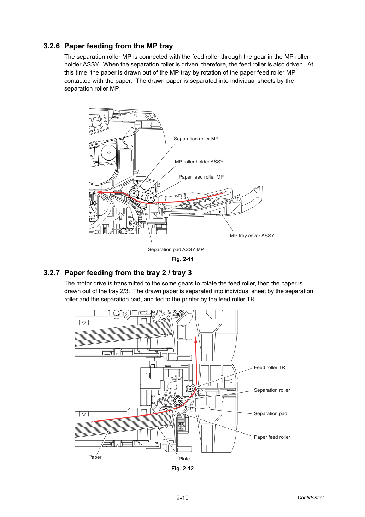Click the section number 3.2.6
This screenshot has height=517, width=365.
click(x=52, y=46)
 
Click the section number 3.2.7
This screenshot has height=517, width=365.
click(x=52, y=273)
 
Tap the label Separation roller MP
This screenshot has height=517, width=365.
click(x=196, y=139)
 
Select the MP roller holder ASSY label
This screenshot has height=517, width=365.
click(x=199, y=162)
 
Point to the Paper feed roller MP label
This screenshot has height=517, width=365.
click(x=201, y=177)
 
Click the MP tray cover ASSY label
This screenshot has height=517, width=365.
click(x=252, y=236)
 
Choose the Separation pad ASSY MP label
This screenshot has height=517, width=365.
click(x=176, y=249)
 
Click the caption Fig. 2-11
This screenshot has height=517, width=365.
click(x=182, y=259)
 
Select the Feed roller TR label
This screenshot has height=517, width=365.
click(x=269, y=367)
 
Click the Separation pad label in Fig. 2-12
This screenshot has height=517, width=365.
click(x=270, y=413)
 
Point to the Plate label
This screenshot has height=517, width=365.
click(x=184, y=459)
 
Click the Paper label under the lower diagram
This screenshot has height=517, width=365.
click(x=95, y=457)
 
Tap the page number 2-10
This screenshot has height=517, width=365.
click(x=182, y=498)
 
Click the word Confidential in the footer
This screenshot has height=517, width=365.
click(x=310, y=498)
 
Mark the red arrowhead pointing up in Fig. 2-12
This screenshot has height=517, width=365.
click(x=196, y=340)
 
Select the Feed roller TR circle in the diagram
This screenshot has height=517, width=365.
click(x=190, y=389)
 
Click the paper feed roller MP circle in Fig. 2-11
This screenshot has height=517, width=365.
click(x=150, y=198)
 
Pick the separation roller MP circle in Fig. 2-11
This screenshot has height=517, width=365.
click(x=134, y=193)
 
